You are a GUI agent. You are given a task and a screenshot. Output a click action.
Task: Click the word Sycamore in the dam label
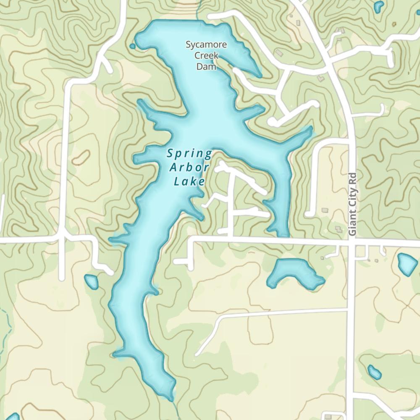click(207, 45)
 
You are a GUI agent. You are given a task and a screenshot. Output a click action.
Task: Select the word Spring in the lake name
click(189, 154)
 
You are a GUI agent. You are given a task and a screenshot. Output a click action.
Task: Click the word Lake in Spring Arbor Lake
click(189, 182)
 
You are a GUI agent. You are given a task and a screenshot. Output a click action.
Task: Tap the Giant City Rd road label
click(352, 205)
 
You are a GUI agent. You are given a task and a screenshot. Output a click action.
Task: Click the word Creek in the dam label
click(206, 55)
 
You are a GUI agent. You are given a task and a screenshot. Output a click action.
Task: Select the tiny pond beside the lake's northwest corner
click(133, 46)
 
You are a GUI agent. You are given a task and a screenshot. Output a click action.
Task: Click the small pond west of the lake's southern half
click(91, 282)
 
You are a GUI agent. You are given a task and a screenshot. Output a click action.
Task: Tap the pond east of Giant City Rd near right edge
click(407, 264)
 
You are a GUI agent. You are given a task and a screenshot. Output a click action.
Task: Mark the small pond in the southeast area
click(374, 372)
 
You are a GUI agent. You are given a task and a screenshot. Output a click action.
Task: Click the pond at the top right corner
click(379, 6)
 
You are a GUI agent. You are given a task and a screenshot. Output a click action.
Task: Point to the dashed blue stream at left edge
click(5, 328)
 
